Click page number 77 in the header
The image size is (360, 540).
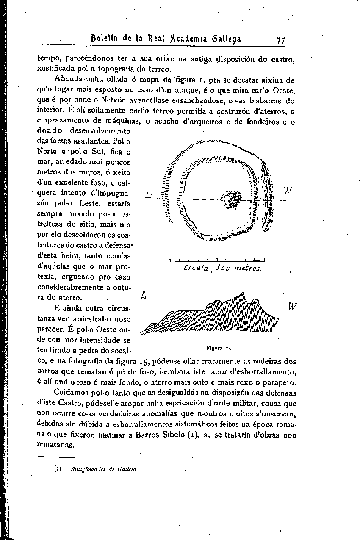[280, 40]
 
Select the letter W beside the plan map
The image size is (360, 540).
[288, 191]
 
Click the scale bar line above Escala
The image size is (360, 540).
[216, 260]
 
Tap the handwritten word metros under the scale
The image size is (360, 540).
[245, 269]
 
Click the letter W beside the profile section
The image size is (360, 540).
[292, 305]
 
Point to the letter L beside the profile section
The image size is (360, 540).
[144, 295]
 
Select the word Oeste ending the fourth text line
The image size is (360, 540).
[283, 90]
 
